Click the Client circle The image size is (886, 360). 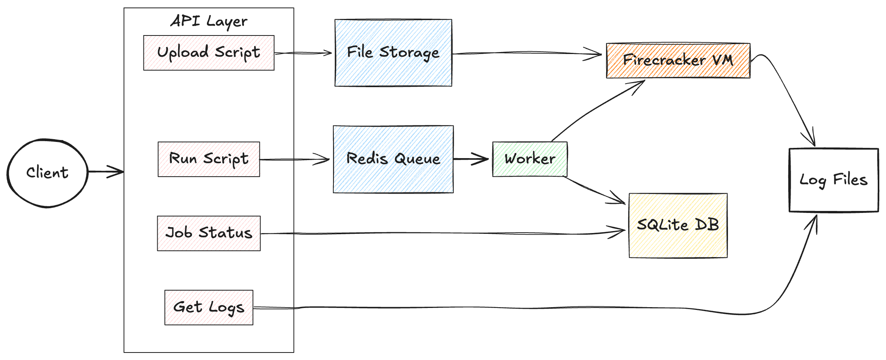[x=47, y=173]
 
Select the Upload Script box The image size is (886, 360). [x=208, y=53]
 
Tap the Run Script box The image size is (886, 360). [x=208, y=159]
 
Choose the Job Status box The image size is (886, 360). [x=208, y=233]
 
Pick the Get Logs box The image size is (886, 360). [x=208, y=308]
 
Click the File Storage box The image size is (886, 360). [x=393, y=53]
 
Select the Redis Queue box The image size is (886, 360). [x=393, y=159]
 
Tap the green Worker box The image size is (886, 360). [x=530, y=159]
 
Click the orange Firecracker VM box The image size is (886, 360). [x=678, y=61]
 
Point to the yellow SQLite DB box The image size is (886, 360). [x=678, y=226]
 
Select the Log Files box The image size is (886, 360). [x=834, y=180]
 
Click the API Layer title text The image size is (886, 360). [x=209, y=21]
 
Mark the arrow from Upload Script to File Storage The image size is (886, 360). [x=303, y=53]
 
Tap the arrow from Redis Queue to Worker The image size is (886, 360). [x=471, y=159]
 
